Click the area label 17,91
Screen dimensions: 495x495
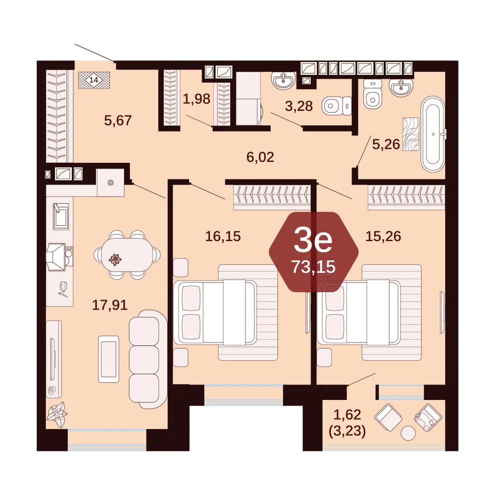coord(110,305)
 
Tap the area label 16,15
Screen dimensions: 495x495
coord(223,236)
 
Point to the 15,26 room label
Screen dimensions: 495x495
coord(383,236)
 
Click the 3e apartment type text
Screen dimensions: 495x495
coord(313,241)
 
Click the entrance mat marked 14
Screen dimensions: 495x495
coord(94,80)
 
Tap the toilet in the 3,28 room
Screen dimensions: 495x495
coord(336,106)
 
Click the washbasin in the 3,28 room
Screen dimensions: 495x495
coord(284,80)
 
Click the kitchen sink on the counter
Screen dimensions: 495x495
coord(60,216)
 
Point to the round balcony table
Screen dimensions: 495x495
coord(408,433)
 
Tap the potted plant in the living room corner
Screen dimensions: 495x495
coord(57,415)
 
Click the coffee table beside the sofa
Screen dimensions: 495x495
coord(109,359)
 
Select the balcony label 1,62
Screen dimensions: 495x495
coord(347,415)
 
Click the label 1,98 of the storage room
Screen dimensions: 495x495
coord(197,99)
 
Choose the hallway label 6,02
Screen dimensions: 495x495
coord(260,157)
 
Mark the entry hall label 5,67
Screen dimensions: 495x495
coord(118,120)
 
